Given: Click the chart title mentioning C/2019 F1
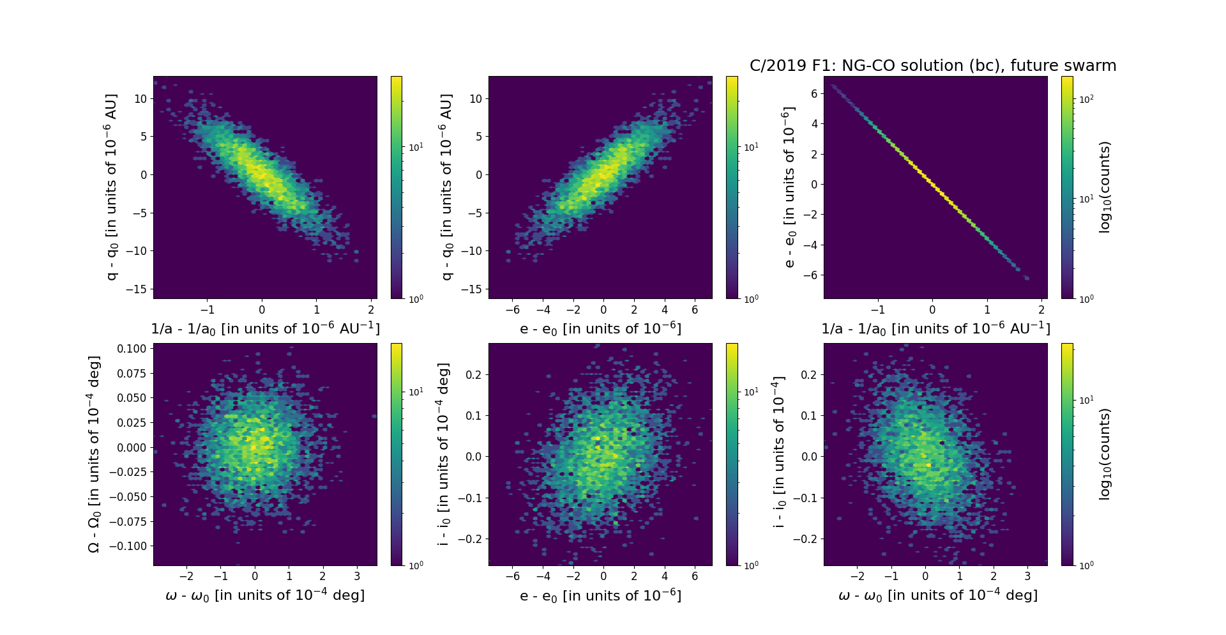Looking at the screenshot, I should pyautogui.click(x=932, y=66).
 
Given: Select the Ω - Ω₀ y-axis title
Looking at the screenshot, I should pyautogui.click(x=94, y=454).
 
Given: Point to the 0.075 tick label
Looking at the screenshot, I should pyautogui.click(x=132, y=373).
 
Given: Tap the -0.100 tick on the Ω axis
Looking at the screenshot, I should pyautogui.click(x=129, y=546).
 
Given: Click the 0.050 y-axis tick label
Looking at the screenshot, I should pyautogui.click(x=132, y=398).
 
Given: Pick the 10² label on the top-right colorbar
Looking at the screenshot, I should pyautogui.click(x=1086, y=99).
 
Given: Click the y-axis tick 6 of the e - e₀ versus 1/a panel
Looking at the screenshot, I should pyautogui.click(x=814, y=94).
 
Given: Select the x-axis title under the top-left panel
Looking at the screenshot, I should pyautogui.click(x=265, y=328).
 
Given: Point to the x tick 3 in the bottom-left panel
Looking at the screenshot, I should pyautogui.click(x=356, y=576).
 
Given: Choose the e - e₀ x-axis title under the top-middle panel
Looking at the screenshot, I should pyautogui.click(x=600, y=329).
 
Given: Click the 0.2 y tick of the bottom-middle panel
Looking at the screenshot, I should pyautogui.click(x=473, y=374).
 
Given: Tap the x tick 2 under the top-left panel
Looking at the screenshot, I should pyautogui.click(x=371, y=310).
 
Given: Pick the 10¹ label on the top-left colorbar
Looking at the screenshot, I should pyautogui.click(x=415, y=148).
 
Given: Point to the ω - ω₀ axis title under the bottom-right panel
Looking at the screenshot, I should pyautogui.click(x=937, y=595).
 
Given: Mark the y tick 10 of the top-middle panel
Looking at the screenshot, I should pyautogui.click(x=476, y=98).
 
